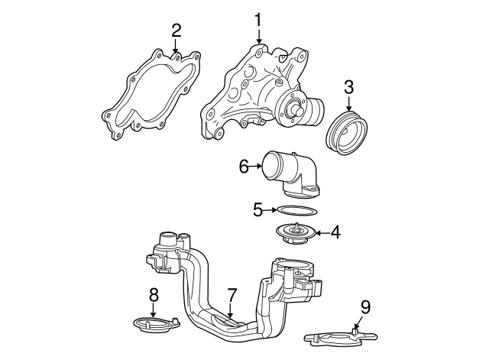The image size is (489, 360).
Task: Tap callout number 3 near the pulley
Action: point(348,88)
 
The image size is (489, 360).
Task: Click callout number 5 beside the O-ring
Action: point(257,207)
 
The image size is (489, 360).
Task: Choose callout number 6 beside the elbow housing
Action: point(244,165)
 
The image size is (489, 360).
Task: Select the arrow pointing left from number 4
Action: point(322,232)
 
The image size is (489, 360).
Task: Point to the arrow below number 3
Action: point(348,106)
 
